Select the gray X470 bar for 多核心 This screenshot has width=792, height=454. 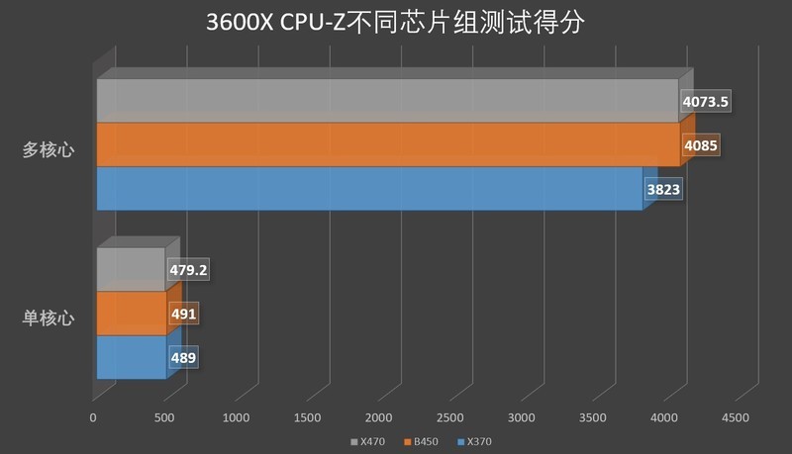386,101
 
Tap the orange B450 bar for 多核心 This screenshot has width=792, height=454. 386,144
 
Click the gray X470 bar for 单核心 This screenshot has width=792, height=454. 131,269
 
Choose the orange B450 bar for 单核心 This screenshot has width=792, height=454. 131,314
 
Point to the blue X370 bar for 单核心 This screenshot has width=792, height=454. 131,357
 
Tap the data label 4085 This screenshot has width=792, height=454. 700,145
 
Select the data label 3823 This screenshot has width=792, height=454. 663,189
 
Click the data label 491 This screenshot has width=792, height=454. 184,314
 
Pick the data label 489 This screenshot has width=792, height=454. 183,357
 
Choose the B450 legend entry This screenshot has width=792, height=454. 420,441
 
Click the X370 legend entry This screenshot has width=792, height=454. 474,441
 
